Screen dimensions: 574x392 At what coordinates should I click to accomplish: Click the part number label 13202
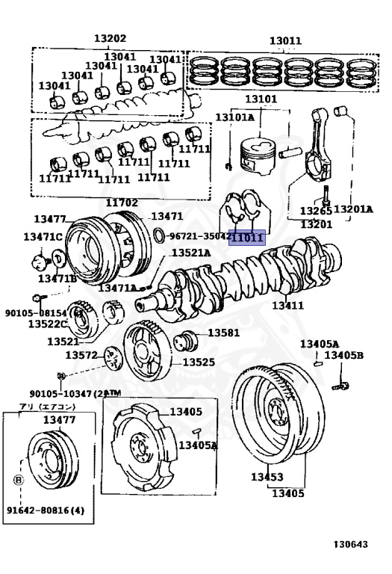110,39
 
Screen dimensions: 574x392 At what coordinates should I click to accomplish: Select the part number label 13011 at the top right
285,42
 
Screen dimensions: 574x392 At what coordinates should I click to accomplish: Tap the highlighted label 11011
246,238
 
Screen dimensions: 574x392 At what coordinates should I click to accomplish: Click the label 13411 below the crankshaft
287,306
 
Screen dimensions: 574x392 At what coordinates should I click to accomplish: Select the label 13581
223,333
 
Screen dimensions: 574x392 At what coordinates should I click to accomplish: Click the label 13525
199,362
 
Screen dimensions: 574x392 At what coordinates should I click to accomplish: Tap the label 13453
267,477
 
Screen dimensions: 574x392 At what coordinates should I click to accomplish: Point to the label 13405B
343,355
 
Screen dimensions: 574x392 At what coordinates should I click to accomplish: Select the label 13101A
234,117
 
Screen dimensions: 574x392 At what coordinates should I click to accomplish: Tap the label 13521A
191,253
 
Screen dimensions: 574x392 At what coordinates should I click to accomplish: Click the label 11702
121,203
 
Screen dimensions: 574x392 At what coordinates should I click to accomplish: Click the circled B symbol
18,480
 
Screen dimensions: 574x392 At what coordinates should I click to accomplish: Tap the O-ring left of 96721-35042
160,237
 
